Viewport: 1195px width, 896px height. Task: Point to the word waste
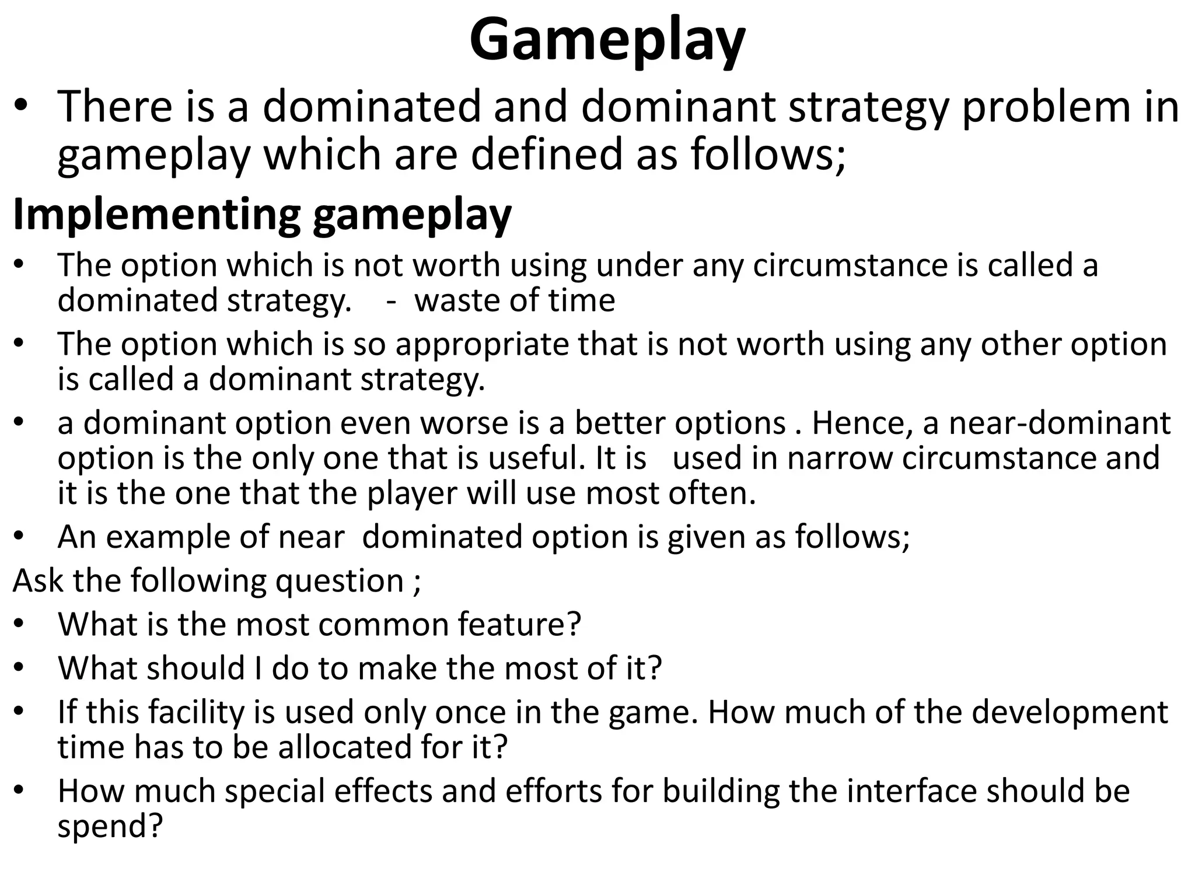tap(457, 301)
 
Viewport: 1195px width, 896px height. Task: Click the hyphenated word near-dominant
tap(1060, 423)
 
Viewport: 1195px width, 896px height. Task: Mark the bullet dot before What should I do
tap(20, 668)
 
